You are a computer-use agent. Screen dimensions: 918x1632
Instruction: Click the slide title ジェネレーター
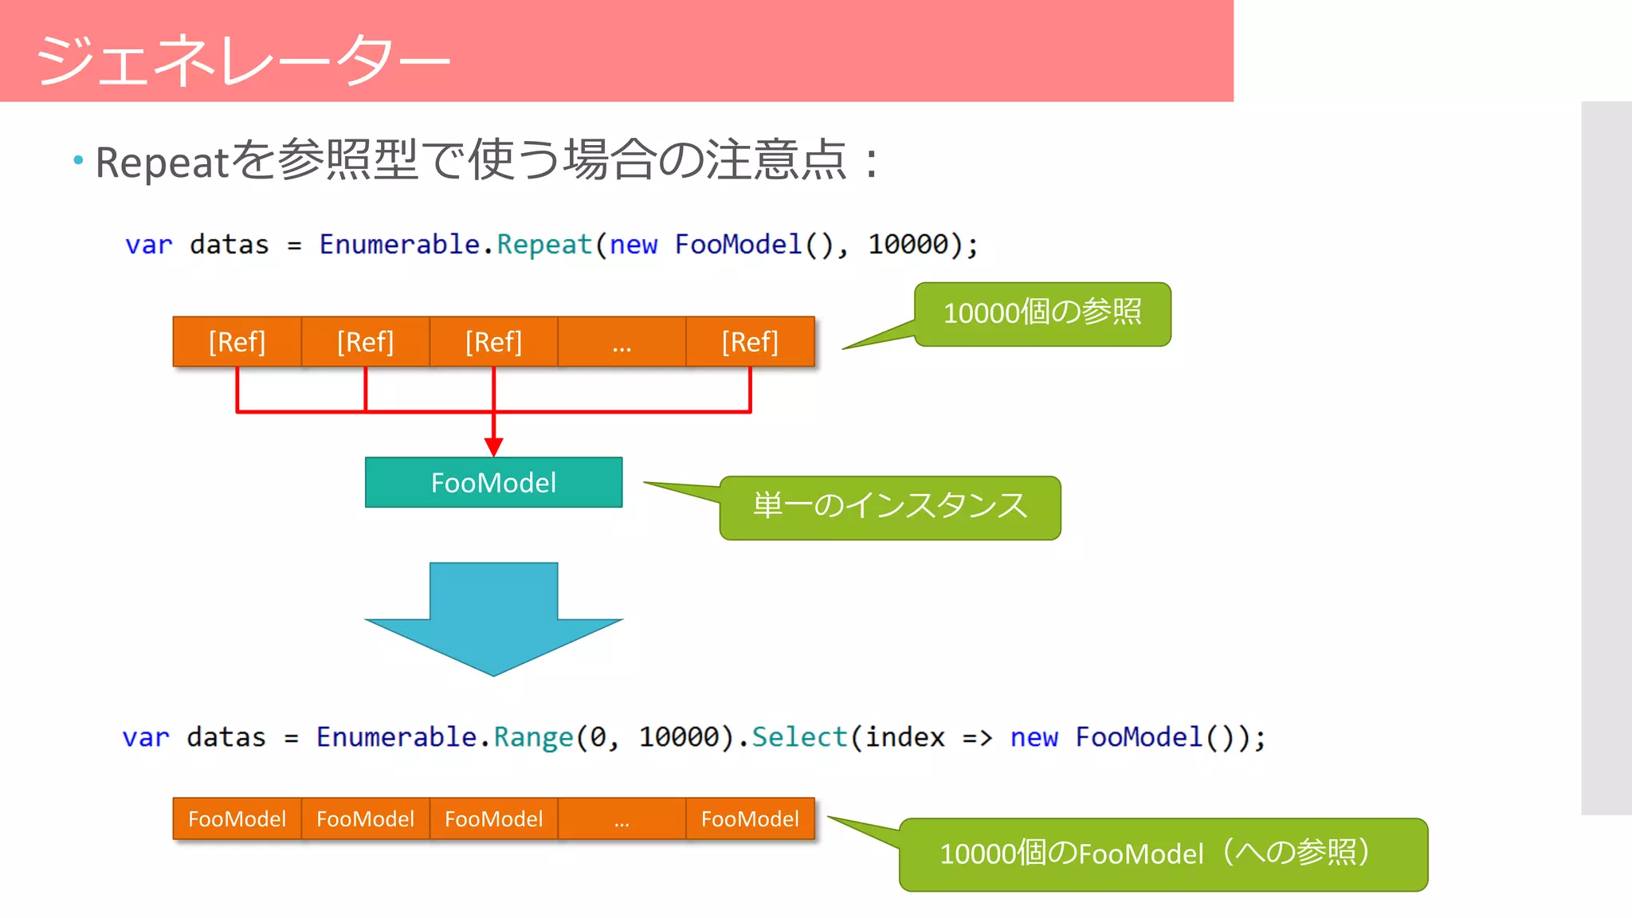click(x=243, y=60)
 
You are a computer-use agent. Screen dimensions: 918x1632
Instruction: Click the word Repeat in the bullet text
click(x=163, y=163)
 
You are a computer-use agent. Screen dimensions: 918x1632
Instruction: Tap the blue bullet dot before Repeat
click(x=78, y=160)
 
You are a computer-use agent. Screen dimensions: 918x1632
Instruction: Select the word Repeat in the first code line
click(x=544, y=245)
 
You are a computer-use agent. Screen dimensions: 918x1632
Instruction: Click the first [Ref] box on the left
click(x=237, y=342)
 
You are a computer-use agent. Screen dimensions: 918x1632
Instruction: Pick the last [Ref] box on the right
click(x=750, y=342)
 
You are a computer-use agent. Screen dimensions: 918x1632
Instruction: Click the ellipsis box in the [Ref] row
click(x=622, y=342)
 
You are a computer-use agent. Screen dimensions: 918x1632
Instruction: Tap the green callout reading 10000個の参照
click(x=1042, y=313)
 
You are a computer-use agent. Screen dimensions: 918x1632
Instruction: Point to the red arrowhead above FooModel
click(x=493, y=446)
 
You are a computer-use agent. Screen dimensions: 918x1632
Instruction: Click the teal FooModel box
click(x=493, y=482)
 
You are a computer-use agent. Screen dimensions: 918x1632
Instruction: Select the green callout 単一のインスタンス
click(x=889, y=508)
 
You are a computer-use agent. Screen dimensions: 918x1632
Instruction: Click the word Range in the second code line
click(x=533, y=737)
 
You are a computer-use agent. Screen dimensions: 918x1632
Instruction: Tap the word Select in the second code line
click(x=799, y=737)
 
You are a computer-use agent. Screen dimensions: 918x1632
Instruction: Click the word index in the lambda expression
click(x=904, y=737)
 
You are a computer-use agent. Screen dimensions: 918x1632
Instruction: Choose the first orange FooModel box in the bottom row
click(x=237, y=818)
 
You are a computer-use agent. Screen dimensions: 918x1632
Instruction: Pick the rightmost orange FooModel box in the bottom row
click(x=750, y=818)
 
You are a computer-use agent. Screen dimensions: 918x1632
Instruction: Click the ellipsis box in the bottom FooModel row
click(x=622, y=818)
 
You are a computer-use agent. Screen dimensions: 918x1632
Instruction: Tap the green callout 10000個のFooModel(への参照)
click(x=1163, y=854)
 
